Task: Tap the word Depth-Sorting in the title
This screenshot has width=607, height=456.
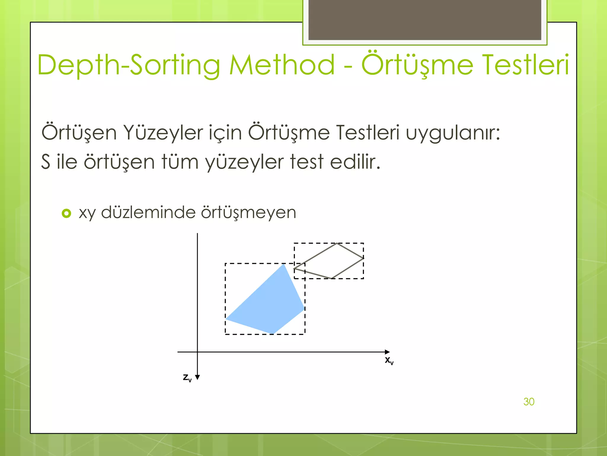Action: coord(129,65)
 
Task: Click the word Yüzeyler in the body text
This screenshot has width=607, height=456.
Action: coord(163,133)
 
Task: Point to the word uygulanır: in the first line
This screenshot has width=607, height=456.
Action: coord(453,133)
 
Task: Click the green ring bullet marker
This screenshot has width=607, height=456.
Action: coord(66,213)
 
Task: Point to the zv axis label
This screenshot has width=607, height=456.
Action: coord(187,378)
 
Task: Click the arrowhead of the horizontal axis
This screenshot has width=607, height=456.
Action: coord(387,352)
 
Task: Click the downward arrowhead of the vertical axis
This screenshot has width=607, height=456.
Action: coord(197,377)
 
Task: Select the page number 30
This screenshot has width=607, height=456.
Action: coord(529,402)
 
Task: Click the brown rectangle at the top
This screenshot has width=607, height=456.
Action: coord(425,20)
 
